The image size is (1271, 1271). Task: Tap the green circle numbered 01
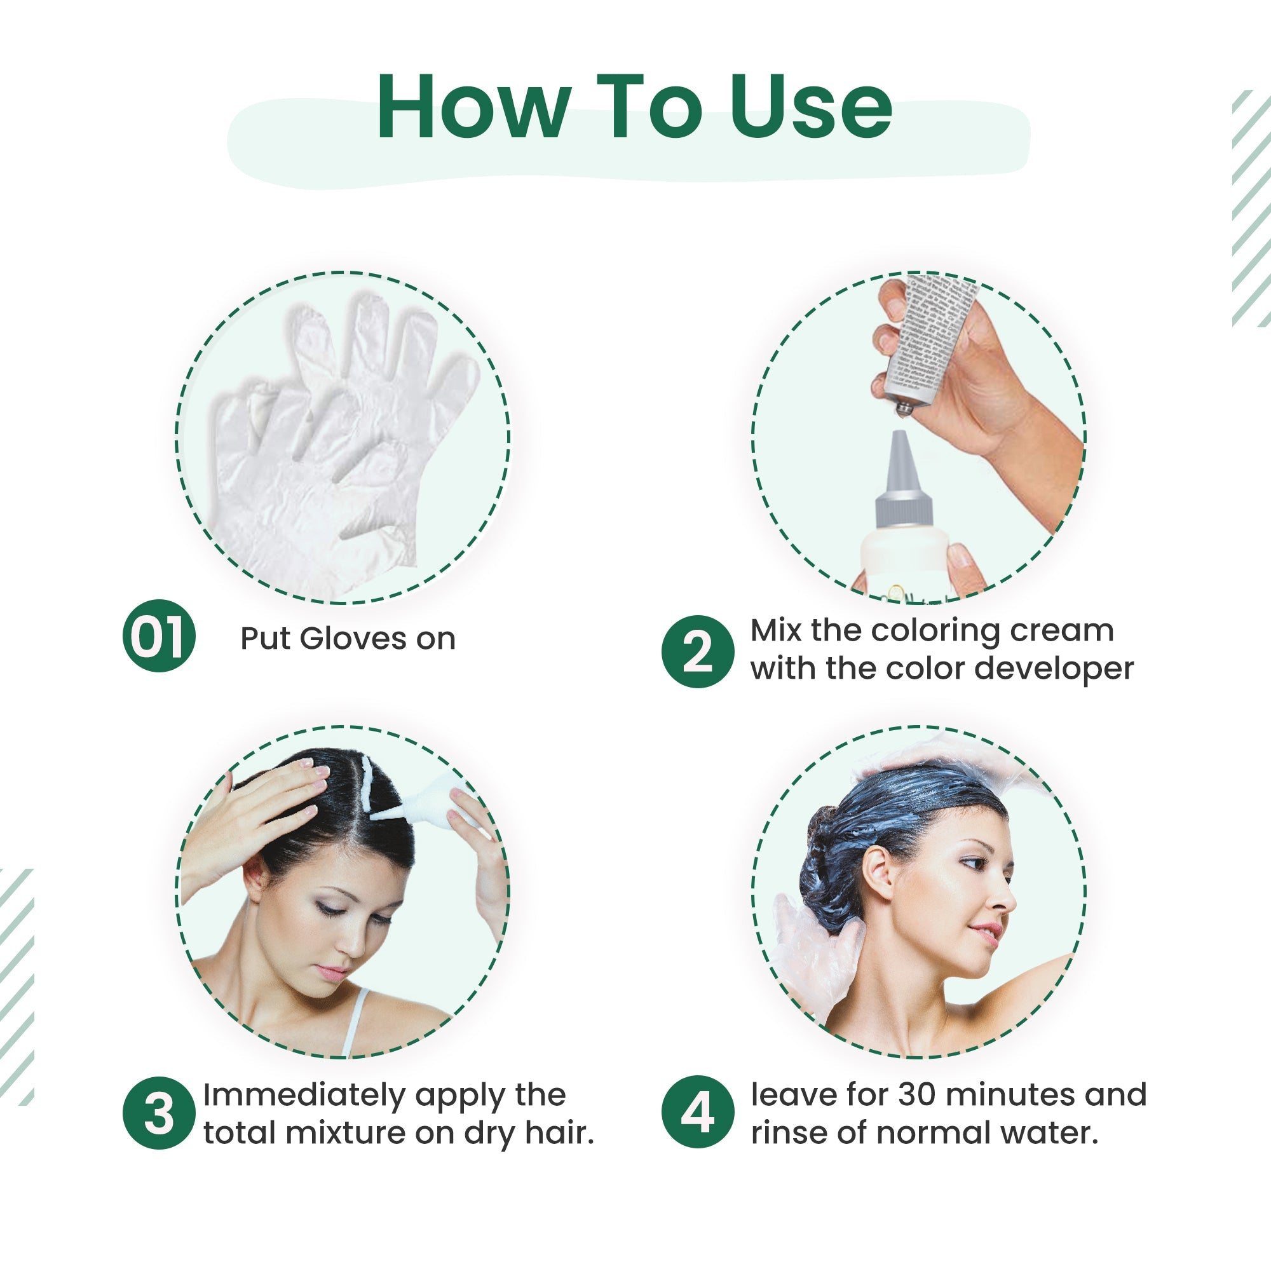(x=158, y=636)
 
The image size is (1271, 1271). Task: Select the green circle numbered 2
(x=697, y=652)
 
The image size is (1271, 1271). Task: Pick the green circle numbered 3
(x=158, y=1113)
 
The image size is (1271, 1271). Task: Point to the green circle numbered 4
(x=697, y=1113)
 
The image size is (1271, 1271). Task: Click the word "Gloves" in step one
(x=353, y=639)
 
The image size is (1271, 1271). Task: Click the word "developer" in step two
(x=1054, y=669)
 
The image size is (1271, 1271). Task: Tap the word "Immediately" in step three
(x=304, y=1095)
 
